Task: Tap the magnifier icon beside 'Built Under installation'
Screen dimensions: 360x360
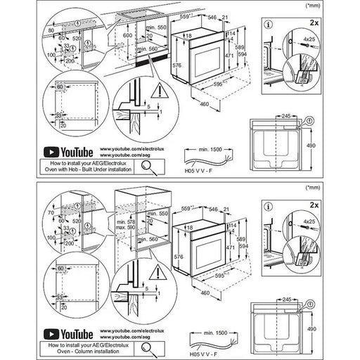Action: click(150, 166)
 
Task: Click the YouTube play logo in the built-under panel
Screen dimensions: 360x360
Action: click(51, 150)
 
